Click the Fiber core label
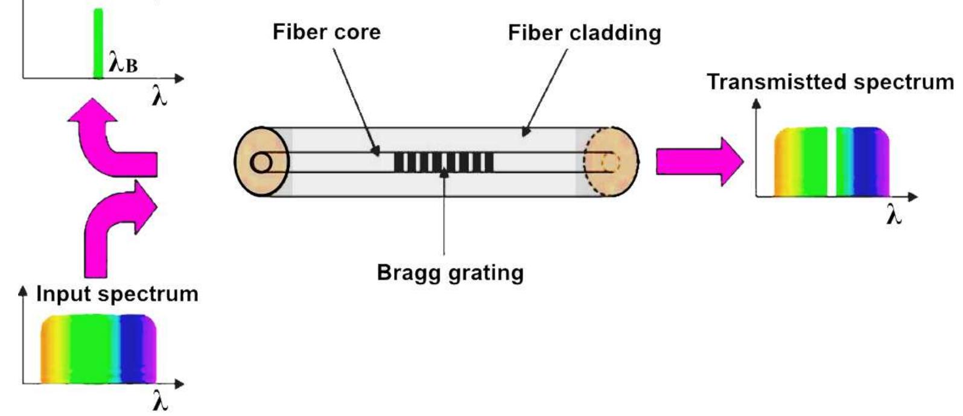point(326,31)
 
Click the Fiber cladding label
point(584,33)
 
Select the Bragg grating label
point(450,273)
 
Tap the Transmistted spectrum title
point(830,81)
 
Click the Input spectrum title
point(117,294)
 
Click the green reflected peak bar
point(98,42)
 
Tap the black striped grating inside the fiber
point(443,162)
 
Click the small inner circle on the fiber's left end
point(261,163)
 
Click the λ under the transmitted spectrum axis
point(894,215)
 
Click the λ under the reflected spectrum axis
point(159,97)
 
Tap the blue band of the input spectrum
point(129,350)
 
